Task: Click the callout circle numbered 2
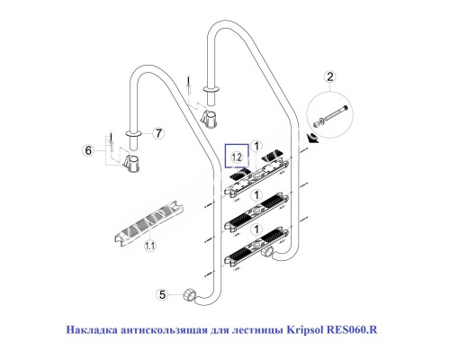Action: tap(330, 77)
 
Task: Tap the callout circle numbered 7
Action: tap(157, 133)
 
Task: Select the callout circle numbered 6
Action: tap(87, 150)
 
